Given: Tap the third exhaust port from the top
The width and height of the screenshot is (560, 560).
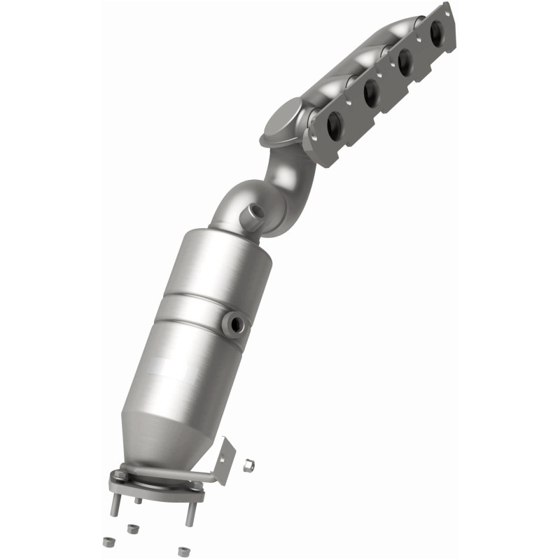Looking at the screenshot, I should (x=371, y=92).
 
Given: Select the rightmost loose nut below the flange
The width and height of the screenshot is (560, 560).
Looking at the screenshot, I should (x=183, y=551).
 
